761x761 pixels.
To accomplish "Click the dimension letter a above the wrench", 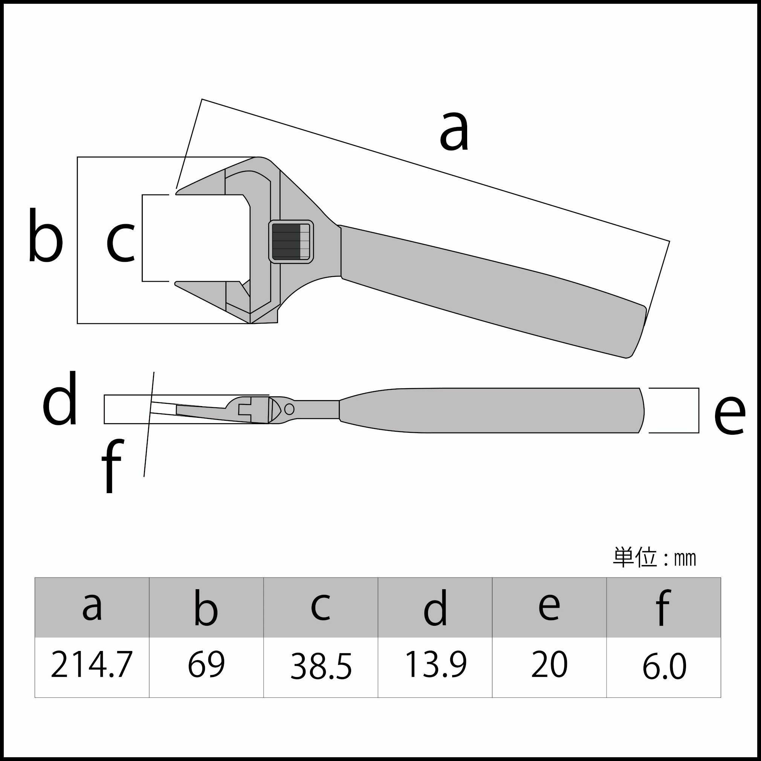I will click(x=454, y=131).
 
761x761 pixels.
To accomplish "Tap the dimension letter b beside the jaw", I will click(x=46, y=235).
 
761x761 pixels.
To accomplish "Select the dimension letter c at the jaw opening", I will click(x=121, y=242).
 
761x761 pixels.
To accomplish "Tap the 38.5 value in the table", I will click(x=321, y=666).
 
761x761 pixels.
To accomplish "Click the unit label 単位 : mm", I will click(x=654, y=558).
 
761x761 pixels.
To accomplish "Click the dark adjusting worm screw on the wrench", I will click(x=287, y=241).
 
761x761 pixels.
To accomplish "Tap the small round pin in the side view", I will click(x=289, y=409).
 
